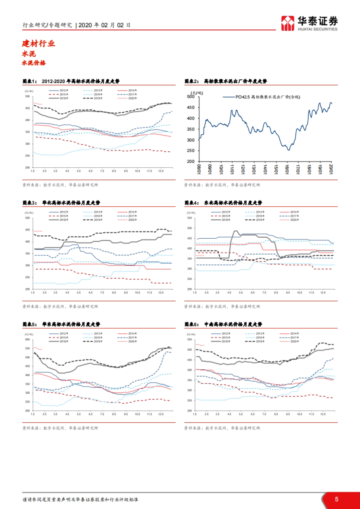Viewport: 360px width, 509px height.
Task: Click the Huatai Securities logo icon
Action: click(x=287, y=23)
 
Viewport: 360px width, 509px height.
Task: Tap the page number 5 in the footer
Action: click(x=337, y=499)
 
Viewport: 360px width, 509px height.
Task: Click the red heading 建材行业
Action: click(x=38, y=44)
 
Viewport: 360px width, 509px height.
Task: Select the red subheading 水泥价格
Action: click(x=34, y=63)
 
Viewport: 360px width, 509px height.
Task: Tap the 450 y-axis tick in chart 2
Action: click(x=190, y=107)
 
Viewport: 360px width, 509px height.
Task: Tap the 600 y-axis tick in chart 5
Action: click(x=28, y=340)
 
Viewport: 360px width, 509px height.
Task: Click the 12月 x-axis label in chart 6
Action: click(x=323, y=414)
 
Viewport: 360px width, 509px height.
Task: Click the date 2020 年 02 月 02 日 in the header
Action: click(x=104, y=25)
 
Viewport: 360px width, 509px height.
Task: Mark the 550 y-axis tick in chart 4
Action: click(x=190, y=218)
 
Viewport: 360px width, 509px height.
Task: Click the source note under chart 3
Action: click(x=60, y=306)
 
